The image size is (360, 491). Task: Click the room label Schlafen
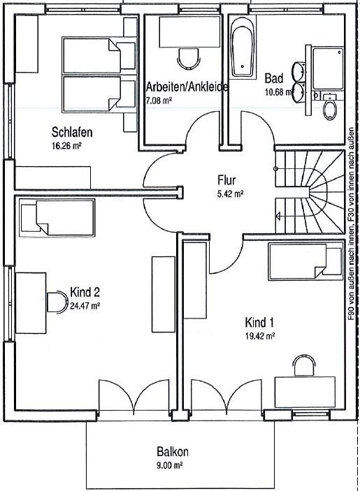tap(72, 132)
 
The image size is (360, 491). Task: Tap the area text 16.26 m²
tap(66, 145)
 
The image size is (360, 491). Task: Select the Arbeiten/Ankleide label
tap(187, 87)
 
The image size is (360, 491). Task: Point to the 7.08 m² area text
tap(159, 101)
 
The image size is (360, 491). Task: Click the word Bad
tap(274, 78)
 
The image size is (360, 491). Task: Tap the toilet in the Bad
tap(329, 106)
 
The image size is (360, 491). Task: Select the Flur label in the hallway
tap(226, 180)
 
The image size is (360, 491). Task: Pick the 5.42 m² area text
tap(230, 194)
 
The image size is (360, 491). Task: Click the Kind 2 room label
tap(85, 292)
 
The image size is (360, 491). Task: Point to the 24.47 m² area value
tap(85, 306)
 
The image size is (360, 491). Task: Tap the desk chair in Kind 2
tap(57, 302)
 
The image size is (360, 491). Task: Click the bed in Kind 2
tap(57, 218)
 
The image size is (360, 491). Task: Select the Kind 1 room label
tap(259, 322)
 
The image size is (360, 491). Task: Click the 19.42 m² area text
tap(260, 336)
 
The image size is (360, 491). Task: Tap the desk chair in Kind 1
tap(304, 365)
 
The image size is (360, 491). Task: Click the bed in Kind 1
tap(305, 262)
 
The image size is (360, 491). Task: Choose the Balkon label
tap(173, 452)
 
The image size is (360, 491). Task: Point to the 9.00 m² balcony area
tap(169, 465)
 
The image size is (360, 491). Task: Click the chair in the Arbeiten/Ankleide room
tap(189, 59)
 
